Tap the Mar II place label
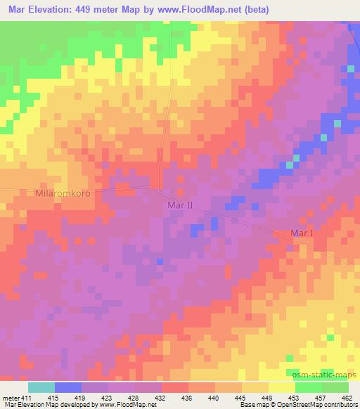[180, 204]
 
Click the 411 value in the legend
[26, 398]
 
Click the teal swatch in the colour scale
[41, 387]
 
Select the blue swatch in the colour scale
[68, 387]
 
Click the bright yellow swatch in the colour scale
[282, 387]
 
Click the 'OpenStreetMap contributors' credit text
[320, 405]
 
